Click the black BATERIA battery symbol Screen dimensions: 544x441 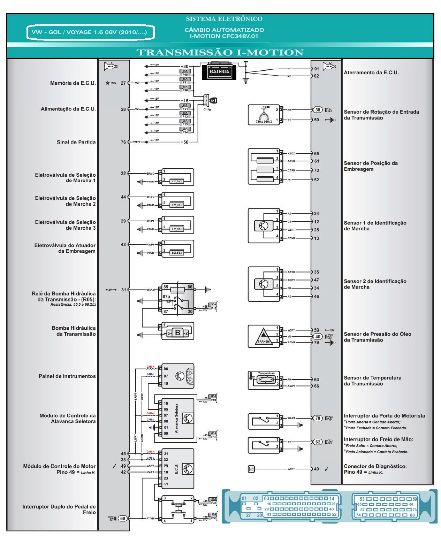click(219, 71)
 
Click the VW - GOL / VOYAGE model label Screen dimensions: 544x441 click(89, 32)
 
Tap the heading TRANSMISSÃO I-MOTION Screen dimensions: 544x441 click(220, 53)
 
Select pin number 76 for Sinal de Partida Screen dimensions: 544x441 click(123, 142)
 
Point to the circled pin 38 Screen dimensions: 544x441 click(318, 110)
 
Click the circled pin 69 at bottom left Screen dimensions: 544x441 click(123, 518)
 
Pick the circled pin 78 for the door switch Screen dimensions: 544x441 click(318, 418)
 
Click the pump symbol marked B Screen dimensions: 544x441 click(177, 332)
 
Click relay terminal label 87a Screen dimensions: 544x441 click(166, 297)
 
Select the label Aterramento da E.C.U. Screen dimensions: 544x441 click(371, 72)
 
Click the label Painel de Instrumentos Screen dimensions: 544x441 click(67, 376)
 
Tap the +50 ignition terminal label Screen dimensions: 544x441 click(184, 142)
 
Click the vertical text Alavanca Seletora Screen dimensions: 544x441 click(176, 418)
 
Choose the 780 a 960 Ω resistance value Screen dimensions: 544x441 click(264, 122)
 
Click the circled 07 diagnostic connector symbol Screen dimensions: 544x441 click(251, 469)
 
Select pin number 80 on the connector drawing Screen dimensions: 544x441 click(412, 515)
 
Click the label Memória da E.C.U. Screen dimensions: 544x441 click(73, 83)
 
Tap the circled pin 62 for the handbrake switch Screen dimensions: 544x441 click(318, 442)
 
